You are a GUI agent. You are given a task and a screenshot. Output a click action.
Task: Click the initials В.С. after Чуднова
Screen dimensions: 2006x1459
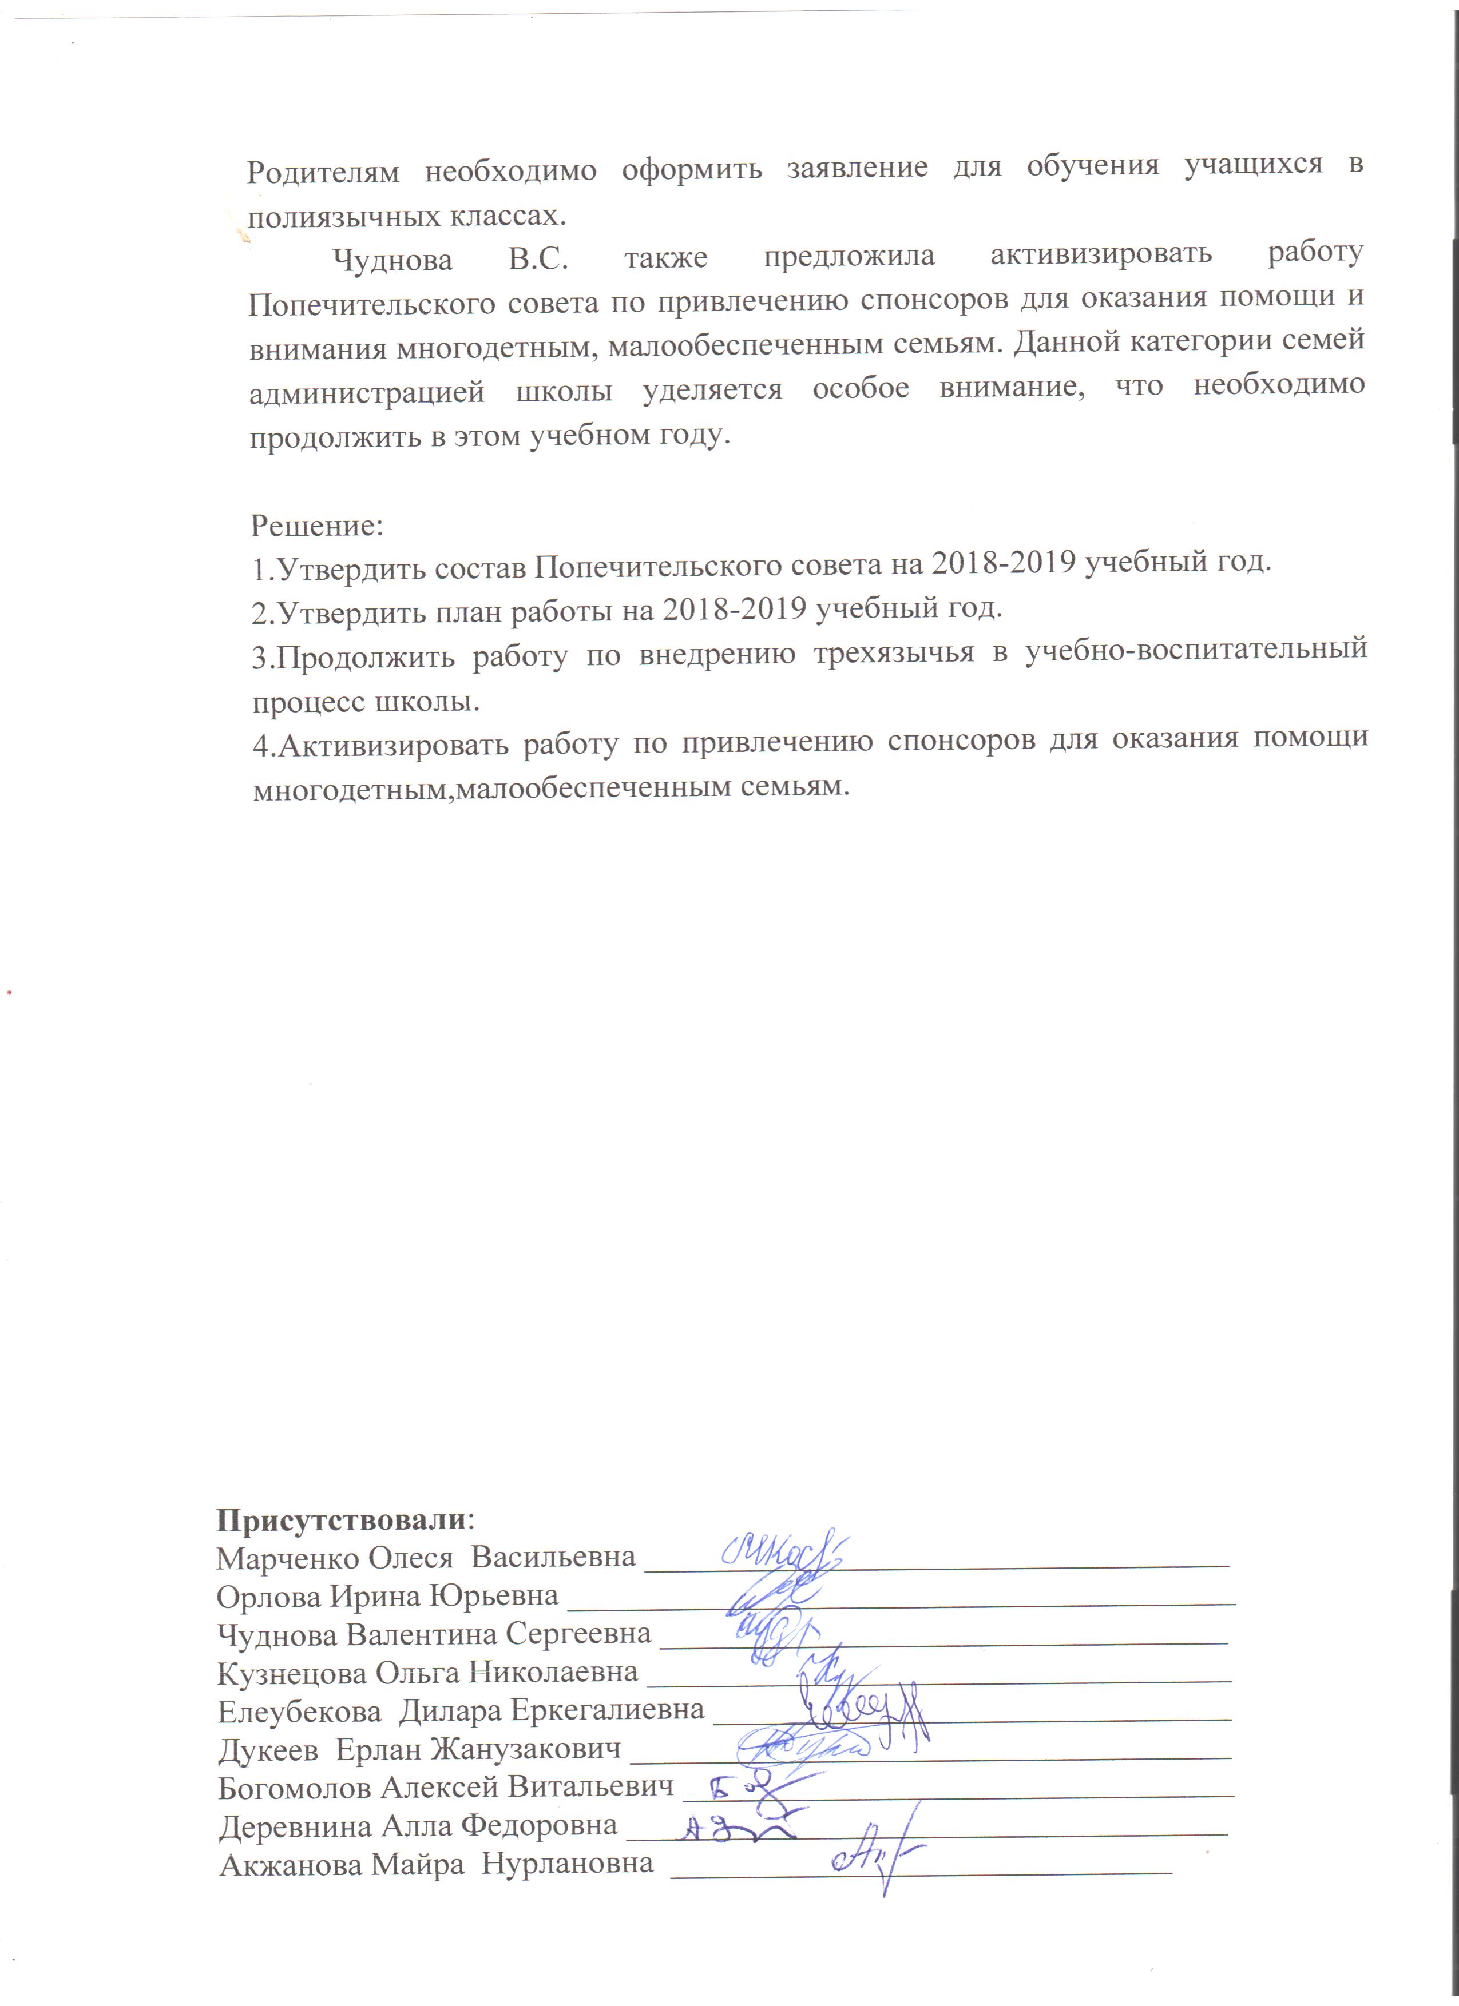538,258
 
